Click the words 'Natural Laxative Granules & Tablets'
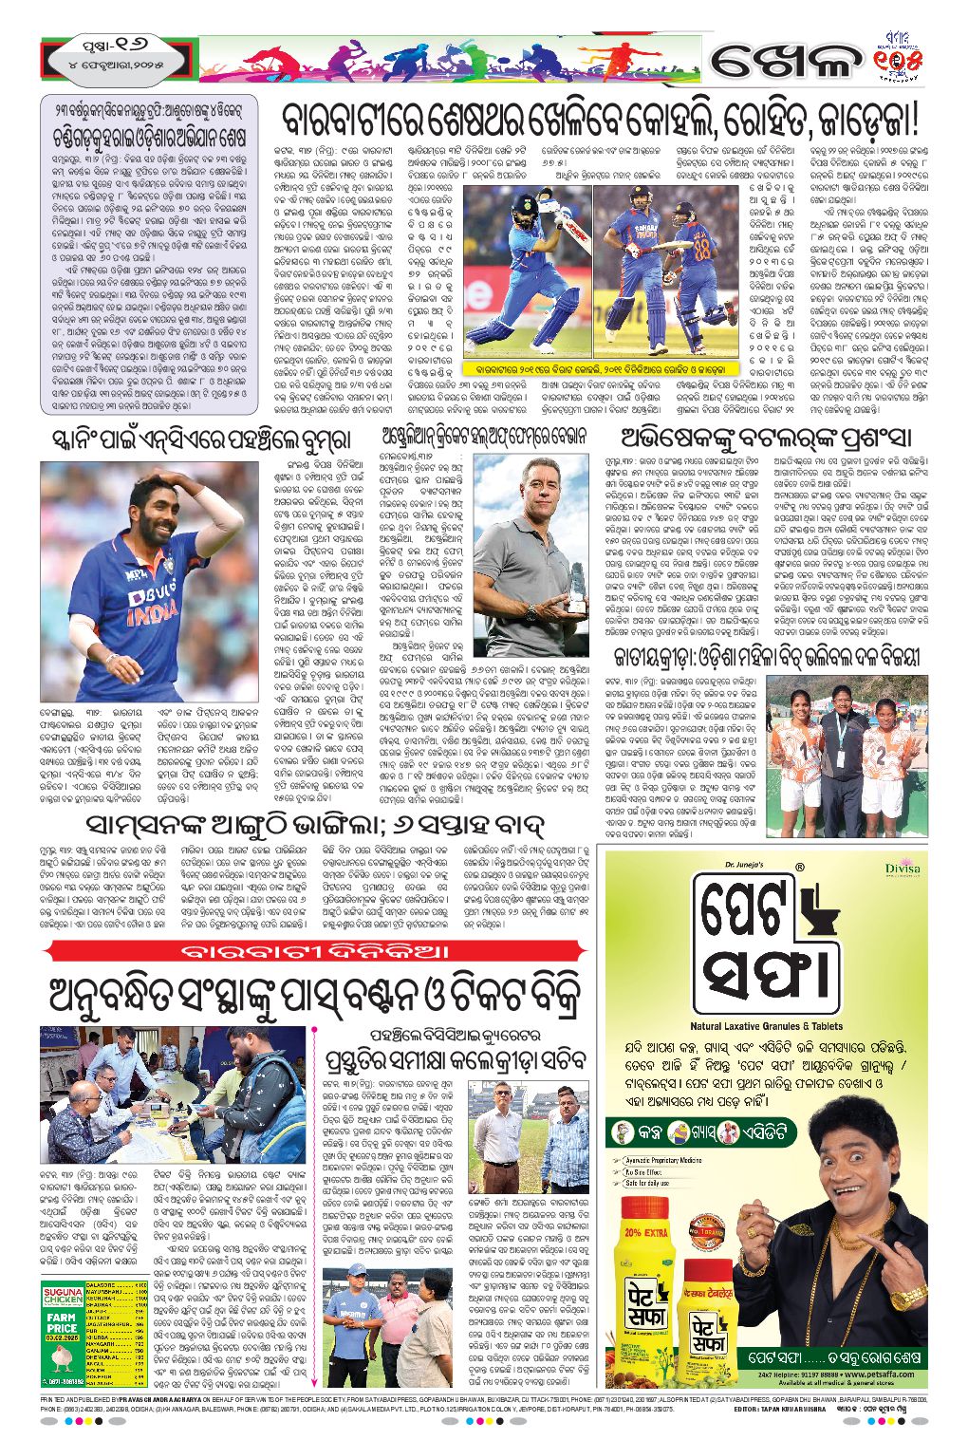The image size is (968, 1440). click(x=766, y=1026)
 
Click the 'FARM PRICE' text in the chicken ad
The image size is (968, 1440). click(x=61, y=1322)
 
